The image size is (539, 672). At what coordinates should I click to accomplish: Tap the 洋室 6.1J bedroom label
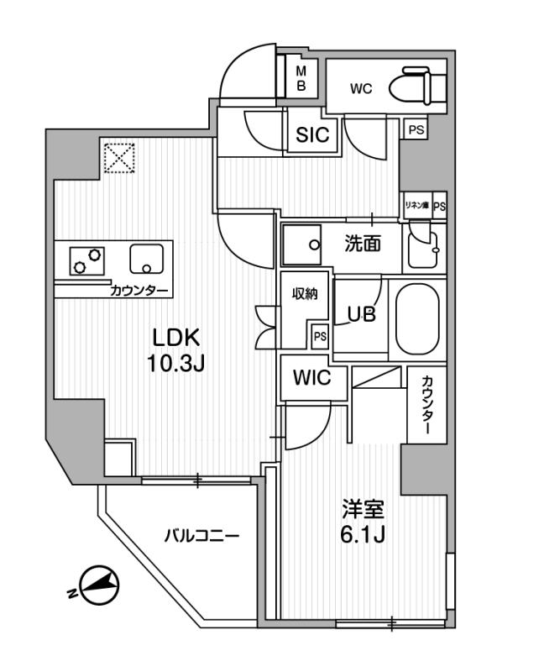363,521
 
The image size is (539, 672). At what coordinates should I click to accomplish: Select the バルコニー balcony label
201,535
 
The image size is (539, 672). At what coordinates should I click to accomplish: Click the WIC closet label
311,378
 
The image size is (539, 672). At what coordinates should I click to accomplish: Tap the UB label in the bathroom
362,312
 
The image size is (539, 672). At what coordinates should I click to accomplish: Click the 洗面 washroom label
364,244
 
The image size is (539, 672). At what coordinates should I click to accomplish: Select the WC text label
362,87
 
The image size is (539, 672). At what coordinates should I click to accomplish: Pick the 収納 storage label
304,293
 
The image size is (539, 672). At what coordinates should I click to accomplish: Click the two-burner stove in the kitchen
87,260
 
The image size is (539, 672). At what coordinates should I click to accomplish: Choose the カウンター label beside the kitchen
139,291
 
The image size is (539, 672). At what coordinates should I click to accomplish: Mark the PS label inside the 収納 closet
319,336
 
